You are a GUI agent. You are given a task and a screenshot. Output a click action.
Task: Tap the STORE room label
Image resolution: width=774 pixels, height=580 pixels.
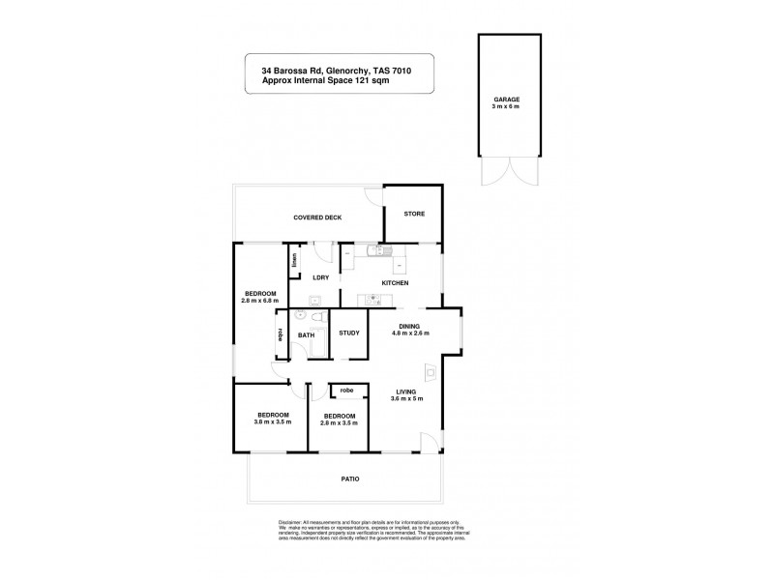[414, 214]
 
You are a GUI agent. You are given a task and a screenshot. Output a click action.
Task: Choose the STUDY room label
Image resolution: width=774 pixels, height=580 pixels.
[349, 333]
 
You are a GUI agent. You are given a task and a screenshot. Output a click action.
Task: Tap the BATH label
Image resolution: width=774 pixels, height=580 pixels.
[306, 335]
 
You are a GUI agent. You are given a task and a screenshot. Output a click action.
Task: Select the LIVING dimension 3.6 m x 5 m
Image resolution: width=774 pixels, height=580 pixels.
[406, 397]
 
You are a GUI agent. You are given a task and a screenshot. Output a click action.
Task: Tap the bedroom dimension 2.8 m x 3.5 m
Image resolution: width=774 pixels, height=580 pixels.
[339, 423]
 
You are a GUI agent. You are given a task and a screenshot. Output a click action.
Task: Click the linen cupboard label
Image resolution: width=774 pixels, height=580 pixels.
[294, 260]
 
